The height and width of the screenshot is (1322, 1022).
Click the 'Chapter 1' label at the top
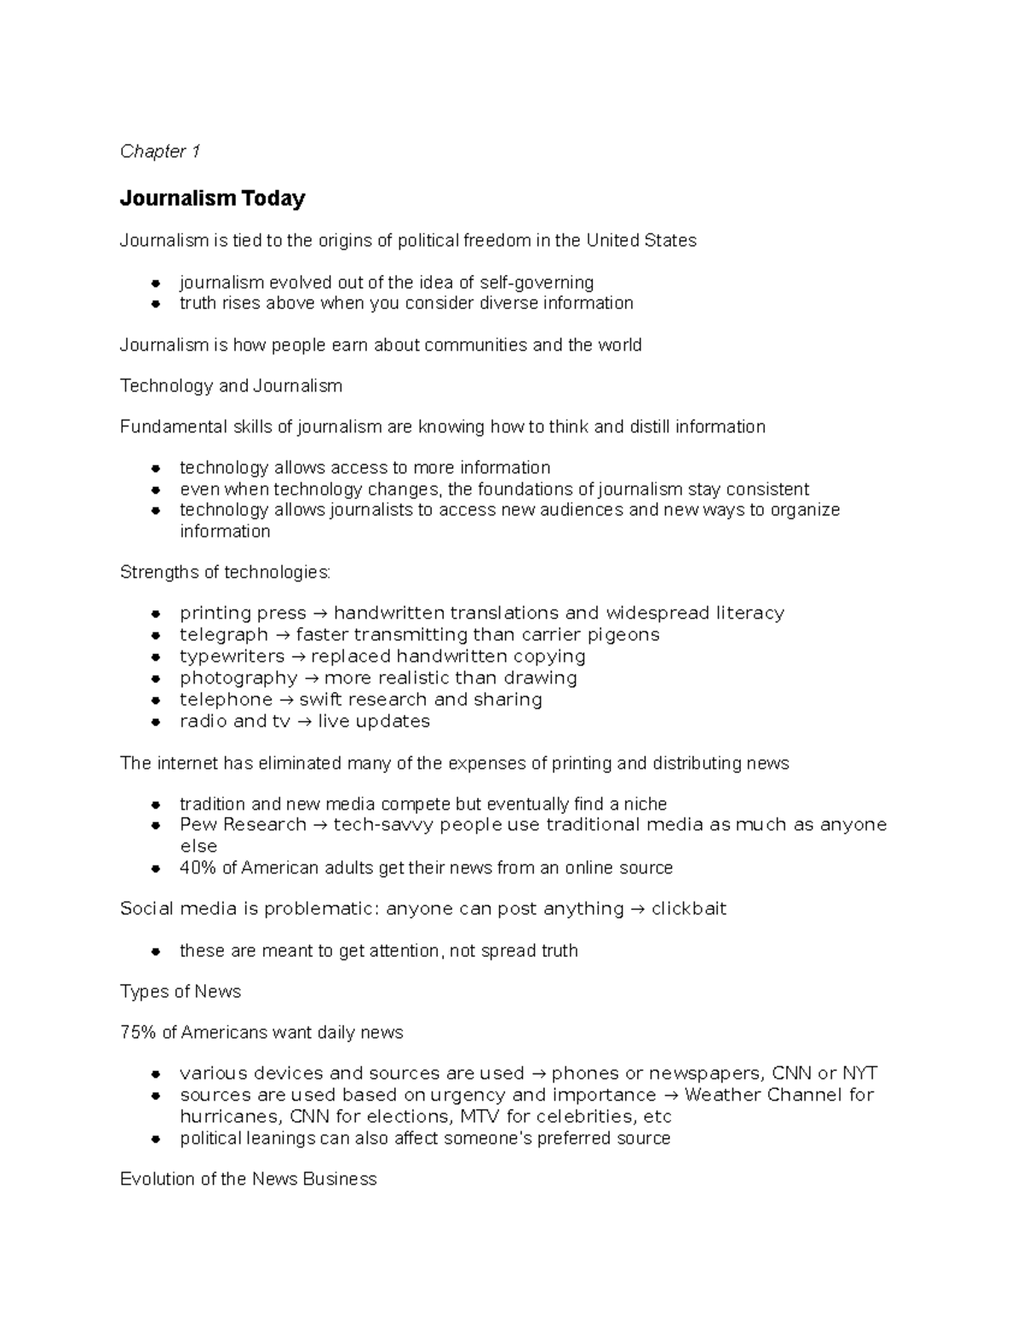160,152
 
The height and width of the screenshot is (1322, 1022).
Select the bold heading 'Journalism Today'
212,198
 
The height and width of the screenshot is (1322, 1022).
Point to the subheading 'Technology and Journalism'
231,386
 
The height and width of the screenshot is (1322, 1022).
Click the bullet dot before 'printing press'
156,614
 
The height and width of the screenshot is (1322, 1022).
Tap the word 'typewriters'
232,656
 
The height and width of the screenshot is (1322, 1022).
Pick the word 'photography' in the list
238,678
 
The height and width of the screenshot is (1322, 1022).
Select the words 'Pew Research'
243,825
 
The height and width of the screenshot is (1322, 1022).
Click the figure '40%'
198,868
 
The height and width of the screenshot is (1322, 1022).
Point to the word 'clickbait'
688,909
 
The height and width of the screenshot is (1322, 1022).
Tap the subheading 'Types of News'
181,992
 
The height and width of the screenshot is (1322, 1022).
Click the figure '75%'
137,1033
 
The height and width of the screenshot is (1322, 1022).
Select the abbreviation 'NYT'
859,1073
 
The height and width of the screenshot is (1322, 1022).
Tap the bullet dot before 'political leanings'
156,1139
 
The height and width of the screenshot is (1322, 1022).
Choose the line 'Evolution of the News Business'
248,1180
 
